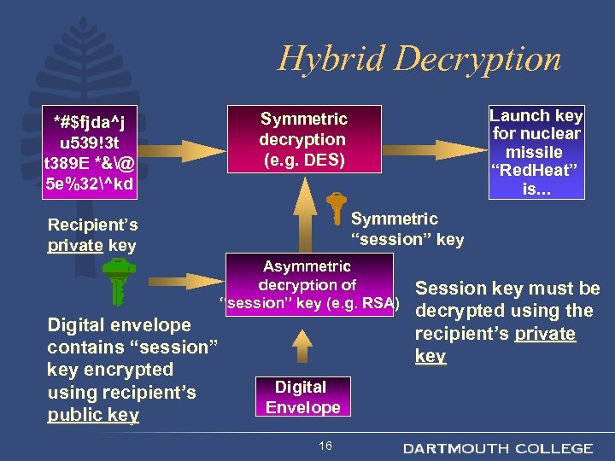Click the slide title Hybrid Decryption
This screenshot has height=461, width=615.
click(419, 58)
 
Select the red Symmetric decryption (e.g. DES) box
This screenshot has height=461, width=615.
click(303, 140)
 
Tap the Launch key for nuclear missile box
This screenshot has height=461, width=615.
click(536, 152)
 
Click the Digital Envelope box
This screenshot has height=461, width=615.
click(302, 397)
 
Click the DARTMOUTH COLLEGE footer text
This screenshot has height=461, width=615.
click(498, 448)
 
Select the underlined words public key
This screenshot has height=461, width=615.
click(93, 415)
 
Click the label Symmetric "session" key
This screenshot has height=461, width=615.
click(407, 229)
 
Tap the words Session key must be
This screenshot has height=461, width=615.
click(507, 289)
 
